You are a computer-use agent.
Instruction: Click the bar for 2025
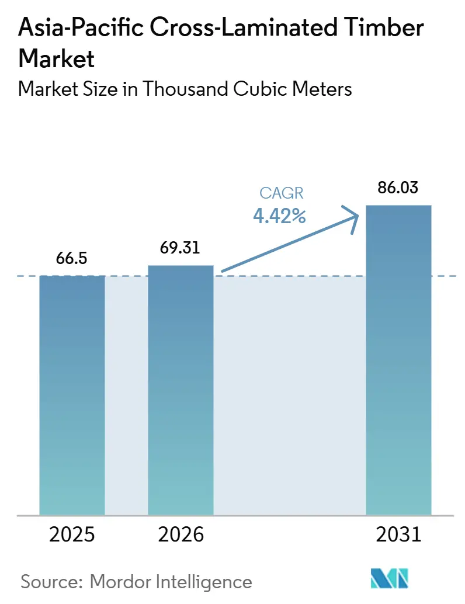[72, 395]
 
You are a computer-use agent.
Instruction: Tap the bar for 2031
[398, 360]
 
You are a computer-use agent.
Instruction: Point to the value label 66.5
[72, 259]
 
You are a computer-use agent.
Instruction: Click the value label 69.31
[181, 248]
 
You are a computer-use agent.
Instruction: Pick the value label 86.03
[398, 188]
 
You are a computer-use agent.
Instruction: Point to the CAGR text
[280, 194]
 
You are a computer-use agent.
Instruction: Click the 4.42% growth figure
[280, 216]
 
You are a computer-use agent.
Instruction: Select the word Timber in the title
[386, 29]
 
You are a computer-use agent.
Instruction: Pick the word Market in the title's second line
[57, 58]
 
